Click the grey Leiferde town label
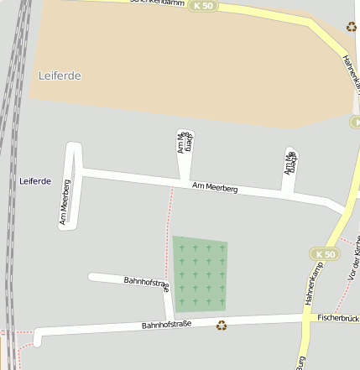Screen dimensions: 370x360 [60, 76]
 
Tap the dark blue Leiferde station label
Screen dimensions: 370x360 [35, 181]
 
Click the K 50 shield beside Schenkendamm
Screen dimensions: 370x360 [201, 6]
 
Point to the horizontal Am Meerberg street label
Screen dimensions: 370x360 [215, 188]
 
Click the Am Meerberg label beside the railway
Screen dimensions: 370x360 [65, 202]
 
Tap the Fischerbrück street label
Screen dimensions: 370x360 [339, 318]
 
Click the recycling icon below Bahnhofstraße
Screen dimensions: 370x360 [222, 326]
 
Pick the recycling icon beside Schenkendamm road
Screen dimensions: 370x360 [351, 27]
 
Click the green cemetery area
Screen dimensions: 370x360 [200, 273]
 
